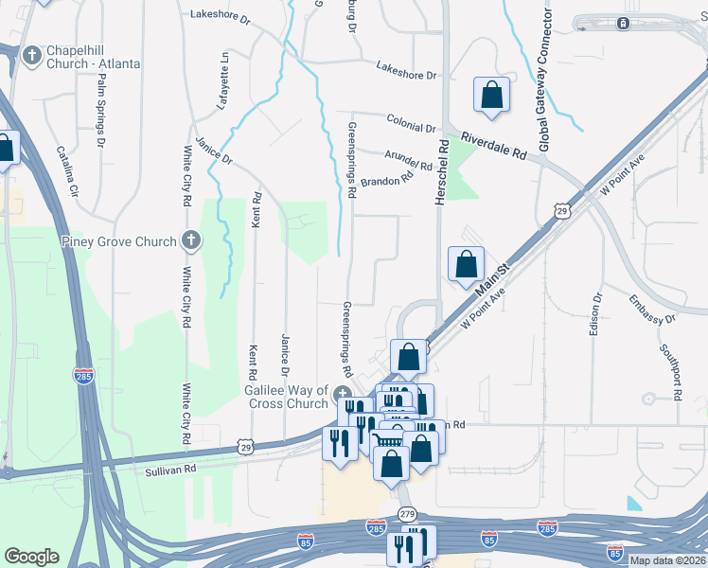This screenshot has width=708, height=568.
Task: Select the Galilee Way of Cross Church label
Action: [x=288, y=397]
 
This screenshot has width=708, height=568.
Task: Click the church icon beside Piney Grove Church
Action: [x=192, y=240]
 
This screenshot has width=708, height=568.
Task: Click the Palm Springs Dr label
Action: [x=100, y=110]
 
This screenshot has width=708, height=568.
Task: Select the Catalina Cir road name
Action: [x=67, y=169]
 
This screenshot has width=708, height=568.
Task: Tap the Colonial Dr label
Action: [x=411, y=123]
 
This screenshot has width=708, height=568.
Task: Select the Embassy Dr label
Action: [x=652, y=310]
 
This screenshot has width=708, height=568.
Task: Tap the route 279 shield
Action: [x=407, y=514]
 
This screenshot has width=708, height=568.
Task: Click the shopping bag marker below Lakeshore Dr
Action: [x=491, y=95]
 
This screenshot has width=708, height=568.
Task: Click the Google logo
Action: [x=32, y=557]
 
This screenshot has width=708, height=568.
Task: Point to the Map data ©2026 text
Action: [x=666, y=560]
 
